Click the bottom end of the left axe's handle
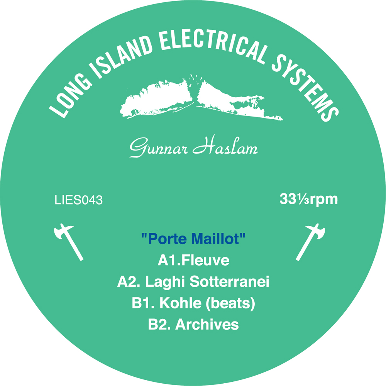click(81, 259)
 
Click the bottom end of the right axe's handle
click(297, 259)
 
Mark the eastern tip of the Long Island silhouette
click(283, 120)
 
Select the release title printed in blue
click(193, 239)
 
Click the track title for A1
click(206, 260)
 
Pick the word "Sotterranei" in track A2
click(229, 281)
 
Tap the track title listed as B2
click(207, 325)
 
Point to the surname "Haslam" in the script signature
click(225, 146)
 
